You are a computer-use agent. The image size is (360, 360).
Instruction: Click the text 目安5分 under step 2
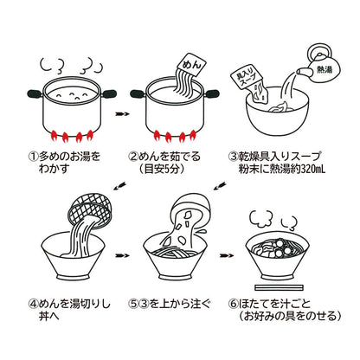182,170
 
